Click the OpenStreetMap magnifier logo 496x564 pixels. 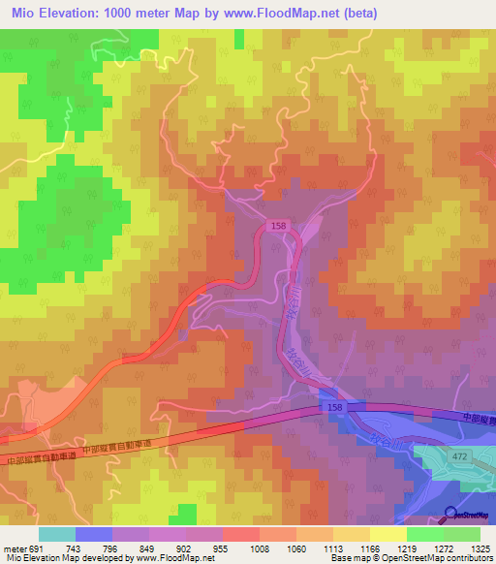click(x=451, y=514)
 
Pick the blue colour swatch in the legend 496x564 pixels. click(x=94, y=533)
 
